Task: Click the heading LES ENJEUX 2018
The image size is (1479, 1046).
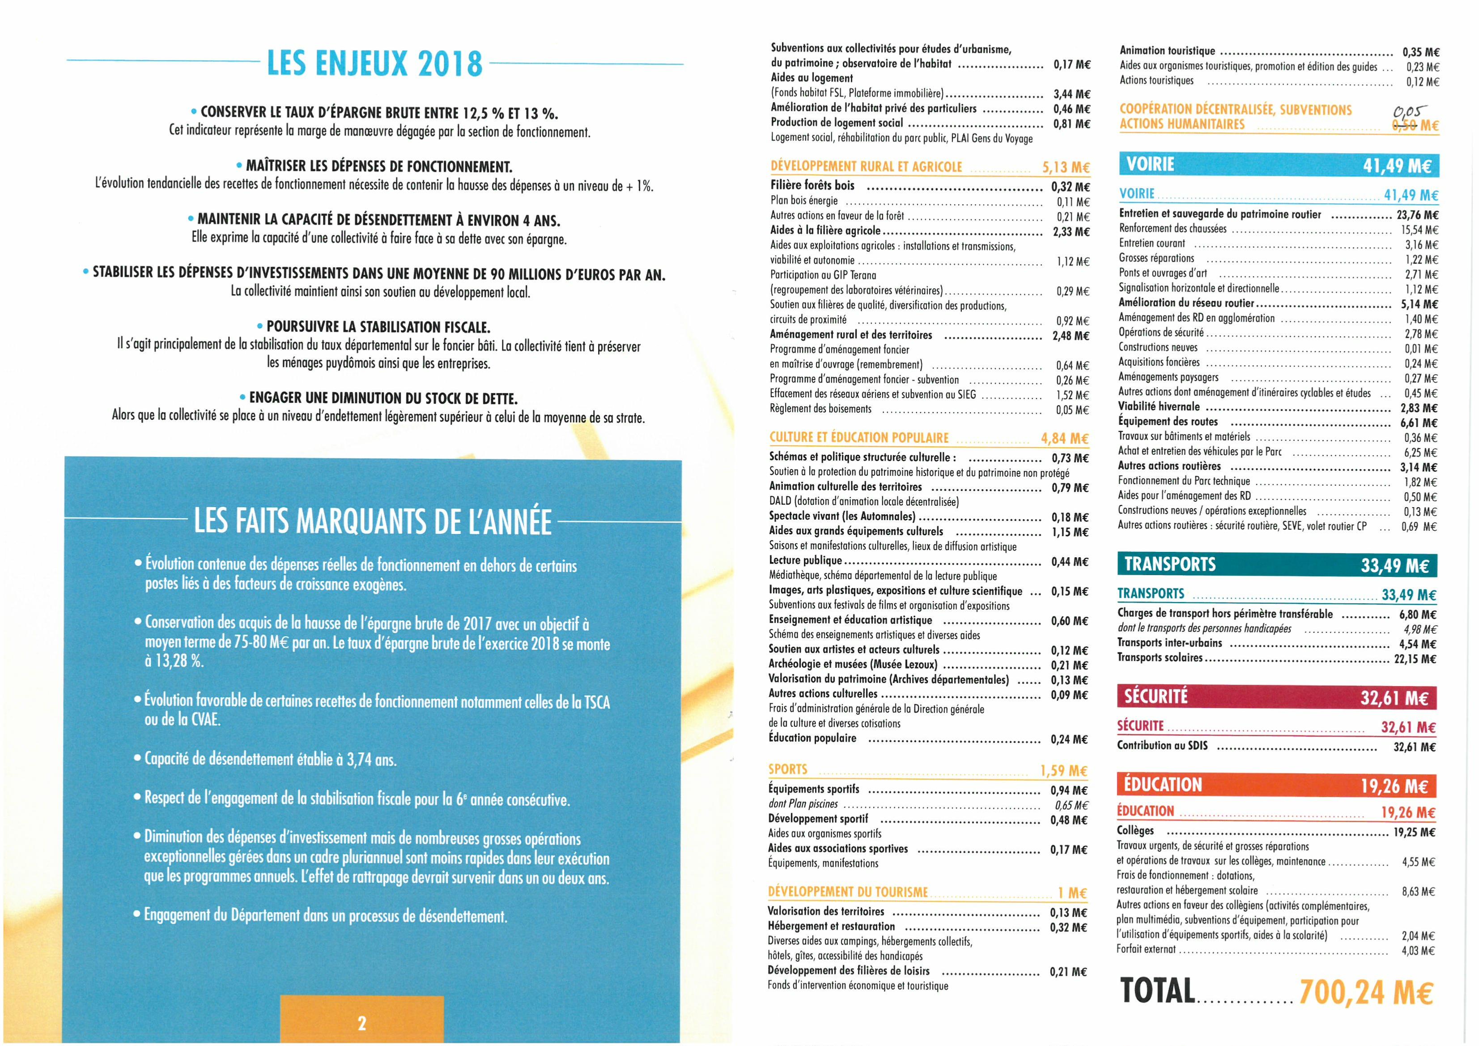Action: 374,63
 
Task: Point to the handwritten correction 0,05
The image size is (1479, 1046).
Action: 1409,111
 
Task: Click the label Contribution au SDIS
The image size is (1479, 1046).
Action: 1162,746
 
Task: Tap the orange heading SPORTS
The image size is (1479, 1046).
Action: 787,769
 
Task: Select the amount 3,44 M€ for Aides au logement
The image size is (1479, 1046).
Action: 1072,94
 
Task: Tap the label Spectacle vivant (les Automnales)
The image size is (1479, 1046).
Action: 842,516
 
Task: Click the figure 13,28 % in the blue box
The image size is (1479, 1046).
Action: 174,661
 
